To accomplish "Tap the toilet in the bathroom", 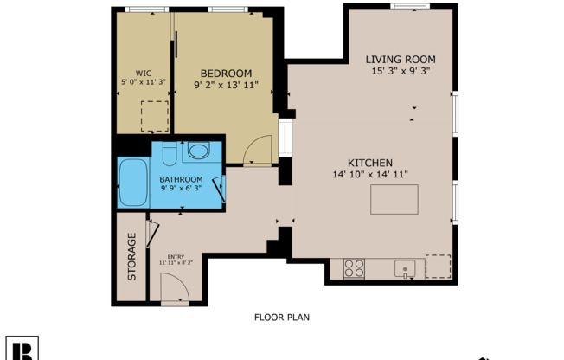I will [170, 153].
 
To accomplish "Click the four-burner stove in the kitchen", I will [354, 268].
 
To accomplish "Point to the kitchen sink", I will [405, 268].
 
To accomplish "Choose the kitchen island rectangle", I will [394, 200].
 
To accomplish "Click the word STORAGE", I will [132, 257].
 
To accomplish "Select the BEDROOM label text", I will [226, 74].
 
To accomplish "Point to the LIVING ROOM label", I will [400, 58].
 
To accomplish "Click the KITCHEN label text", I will [370, 163].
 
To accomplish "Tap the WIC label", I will [144, 73].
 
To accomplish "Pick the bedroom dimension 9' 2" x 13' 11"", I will [226, 86].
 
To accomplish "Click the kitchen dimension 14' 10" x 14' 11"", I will [370, 175].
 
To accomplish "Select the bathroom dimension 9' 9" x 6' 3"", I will [181, 187].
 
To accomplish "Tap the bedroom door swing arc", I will [258, 152].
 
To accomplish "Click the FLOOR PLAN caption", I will [282, 318].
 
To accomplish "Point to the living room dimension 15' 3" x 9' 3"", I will [400, 70].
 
